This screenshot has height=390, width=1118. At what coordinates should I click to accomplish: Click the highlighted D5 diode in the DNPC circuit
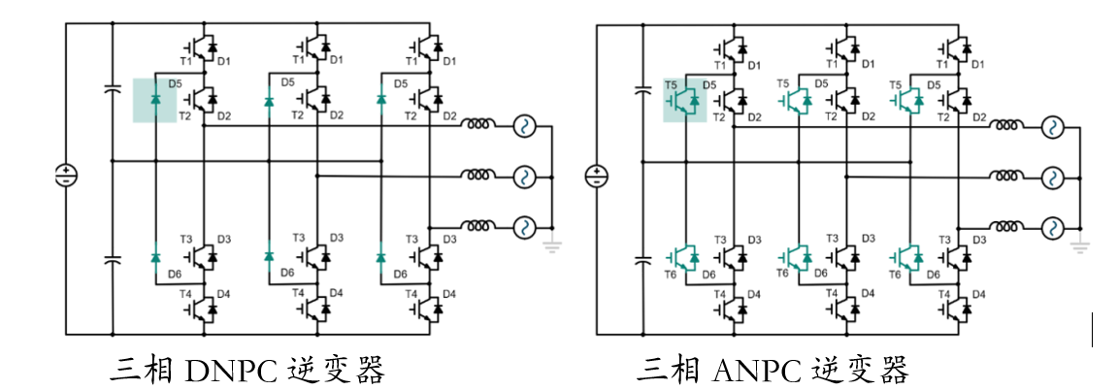(155, 100)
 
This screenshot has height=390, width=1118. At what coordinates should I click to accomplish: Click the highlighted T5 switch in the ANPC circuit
(684, 101)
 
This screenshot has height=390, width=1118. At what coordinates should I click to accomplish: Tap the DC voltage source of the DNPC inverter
(66, 176)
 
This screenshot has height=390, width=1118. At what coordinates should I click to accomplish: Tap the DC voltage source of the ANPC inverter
(596, 176)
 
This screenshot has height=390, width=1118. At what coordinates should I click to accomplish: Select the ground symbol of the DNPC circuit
(552, 247)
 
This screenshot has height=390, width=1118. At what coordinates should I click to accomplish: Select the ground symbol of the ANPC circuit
(1081, 247)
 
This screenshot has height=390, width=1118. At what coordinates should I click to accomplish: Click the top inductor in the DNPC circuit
(477, 126)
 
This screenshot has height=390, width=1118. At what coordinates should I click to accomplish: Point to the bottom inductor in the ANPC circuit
(1006, 227)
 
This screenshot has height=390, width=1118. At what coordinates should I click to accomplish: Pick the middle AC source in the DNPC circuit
(524, 177)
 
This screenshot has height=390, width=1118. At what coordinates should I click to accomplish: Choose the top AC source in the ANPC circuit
(1053, 127)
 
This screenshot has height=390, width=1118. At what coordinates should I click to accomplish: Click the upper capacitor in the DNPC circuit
(112, 90)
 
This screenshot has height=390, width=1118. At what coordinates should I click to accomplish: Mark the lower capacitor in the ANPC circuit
(641, 259)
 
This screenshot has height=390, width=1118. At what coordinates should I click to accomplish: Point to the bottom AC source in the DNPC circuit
(524, 227)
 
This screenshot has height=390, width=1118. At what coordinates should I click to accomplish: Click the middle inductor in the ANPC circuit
(1006, 177)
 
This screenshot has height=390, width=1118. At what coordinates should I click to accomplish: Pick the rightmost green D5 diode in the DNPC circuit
(380, 100)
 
